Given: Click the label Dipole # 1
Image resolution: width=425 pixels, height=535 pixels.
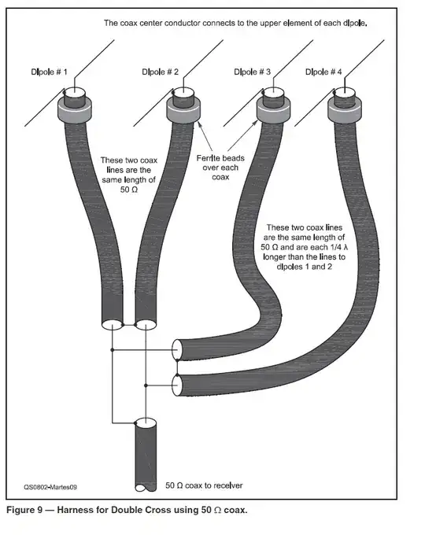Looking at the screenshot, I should click(x=49, y=72).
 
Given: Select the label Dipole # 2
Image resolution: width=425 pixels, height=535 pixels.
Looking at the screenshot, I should click(x=161, y=72).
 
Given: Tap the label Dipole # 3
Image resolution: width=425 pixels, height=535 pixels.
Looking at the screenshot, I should click(x=252, y=72).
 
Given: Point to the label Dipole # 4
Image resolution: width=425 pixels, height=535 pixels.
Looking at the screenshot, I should click(x=323, y=72).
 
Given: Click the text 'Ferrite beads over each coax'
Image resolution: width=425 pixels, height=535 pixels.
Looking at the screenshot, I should click(x=228, y=166).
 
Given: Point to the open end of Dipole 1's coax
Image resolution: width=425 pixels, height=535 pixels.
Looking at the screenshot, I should click(x=112, y=325).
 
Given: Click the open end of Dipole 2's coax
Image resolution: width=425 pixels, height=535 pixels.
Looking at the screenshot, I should click(x=144, y=325).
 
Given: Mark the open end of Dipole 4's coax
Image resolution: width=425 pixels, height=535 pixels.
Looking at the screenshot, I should click(x=178, y=385).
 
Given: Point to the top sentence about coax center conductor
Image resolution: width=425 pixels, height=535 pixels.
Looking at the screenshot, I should click(x=236, y=23).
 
